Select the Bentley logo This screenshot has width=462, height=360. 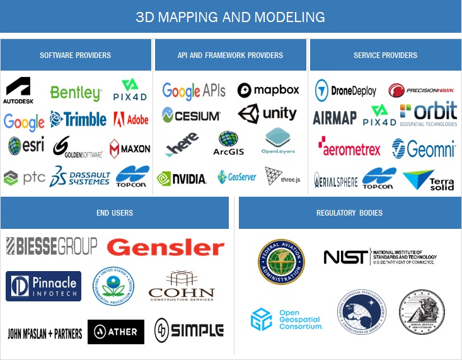pyautogui.click(x=76, y=93)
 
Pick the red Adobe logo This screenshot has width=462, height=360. pyautogui.click(x=131, y=119)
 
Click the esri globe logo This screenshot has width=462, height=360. pyautogui.click(x=26, y=146)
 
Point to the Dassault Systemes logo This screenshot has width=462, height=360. pyautogui.click(x=79, y=177)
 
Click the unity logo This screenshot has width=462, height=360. pyautogui.click(x=267, y=114)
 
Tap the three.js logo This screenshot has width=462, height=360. pyautogui.click(x=282, y=177)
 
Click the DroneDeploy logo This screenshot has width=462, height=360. pyautogui.click(x=345, y=90)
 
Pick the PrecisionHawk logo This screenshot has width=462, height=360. pyautogui.click(x=421, y=90)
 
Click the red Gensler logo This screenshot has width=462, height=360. pyautogui.click(x=165, y=247)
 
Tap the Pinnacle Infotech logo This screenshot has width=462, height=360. pyautogui.click(x=43, y=286)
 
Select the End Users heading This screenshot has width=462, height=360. pyautogui.click(x=115, y=213)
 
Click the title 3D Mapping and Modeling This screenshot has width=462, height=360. pyautogui.click(x=231, y=16)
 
